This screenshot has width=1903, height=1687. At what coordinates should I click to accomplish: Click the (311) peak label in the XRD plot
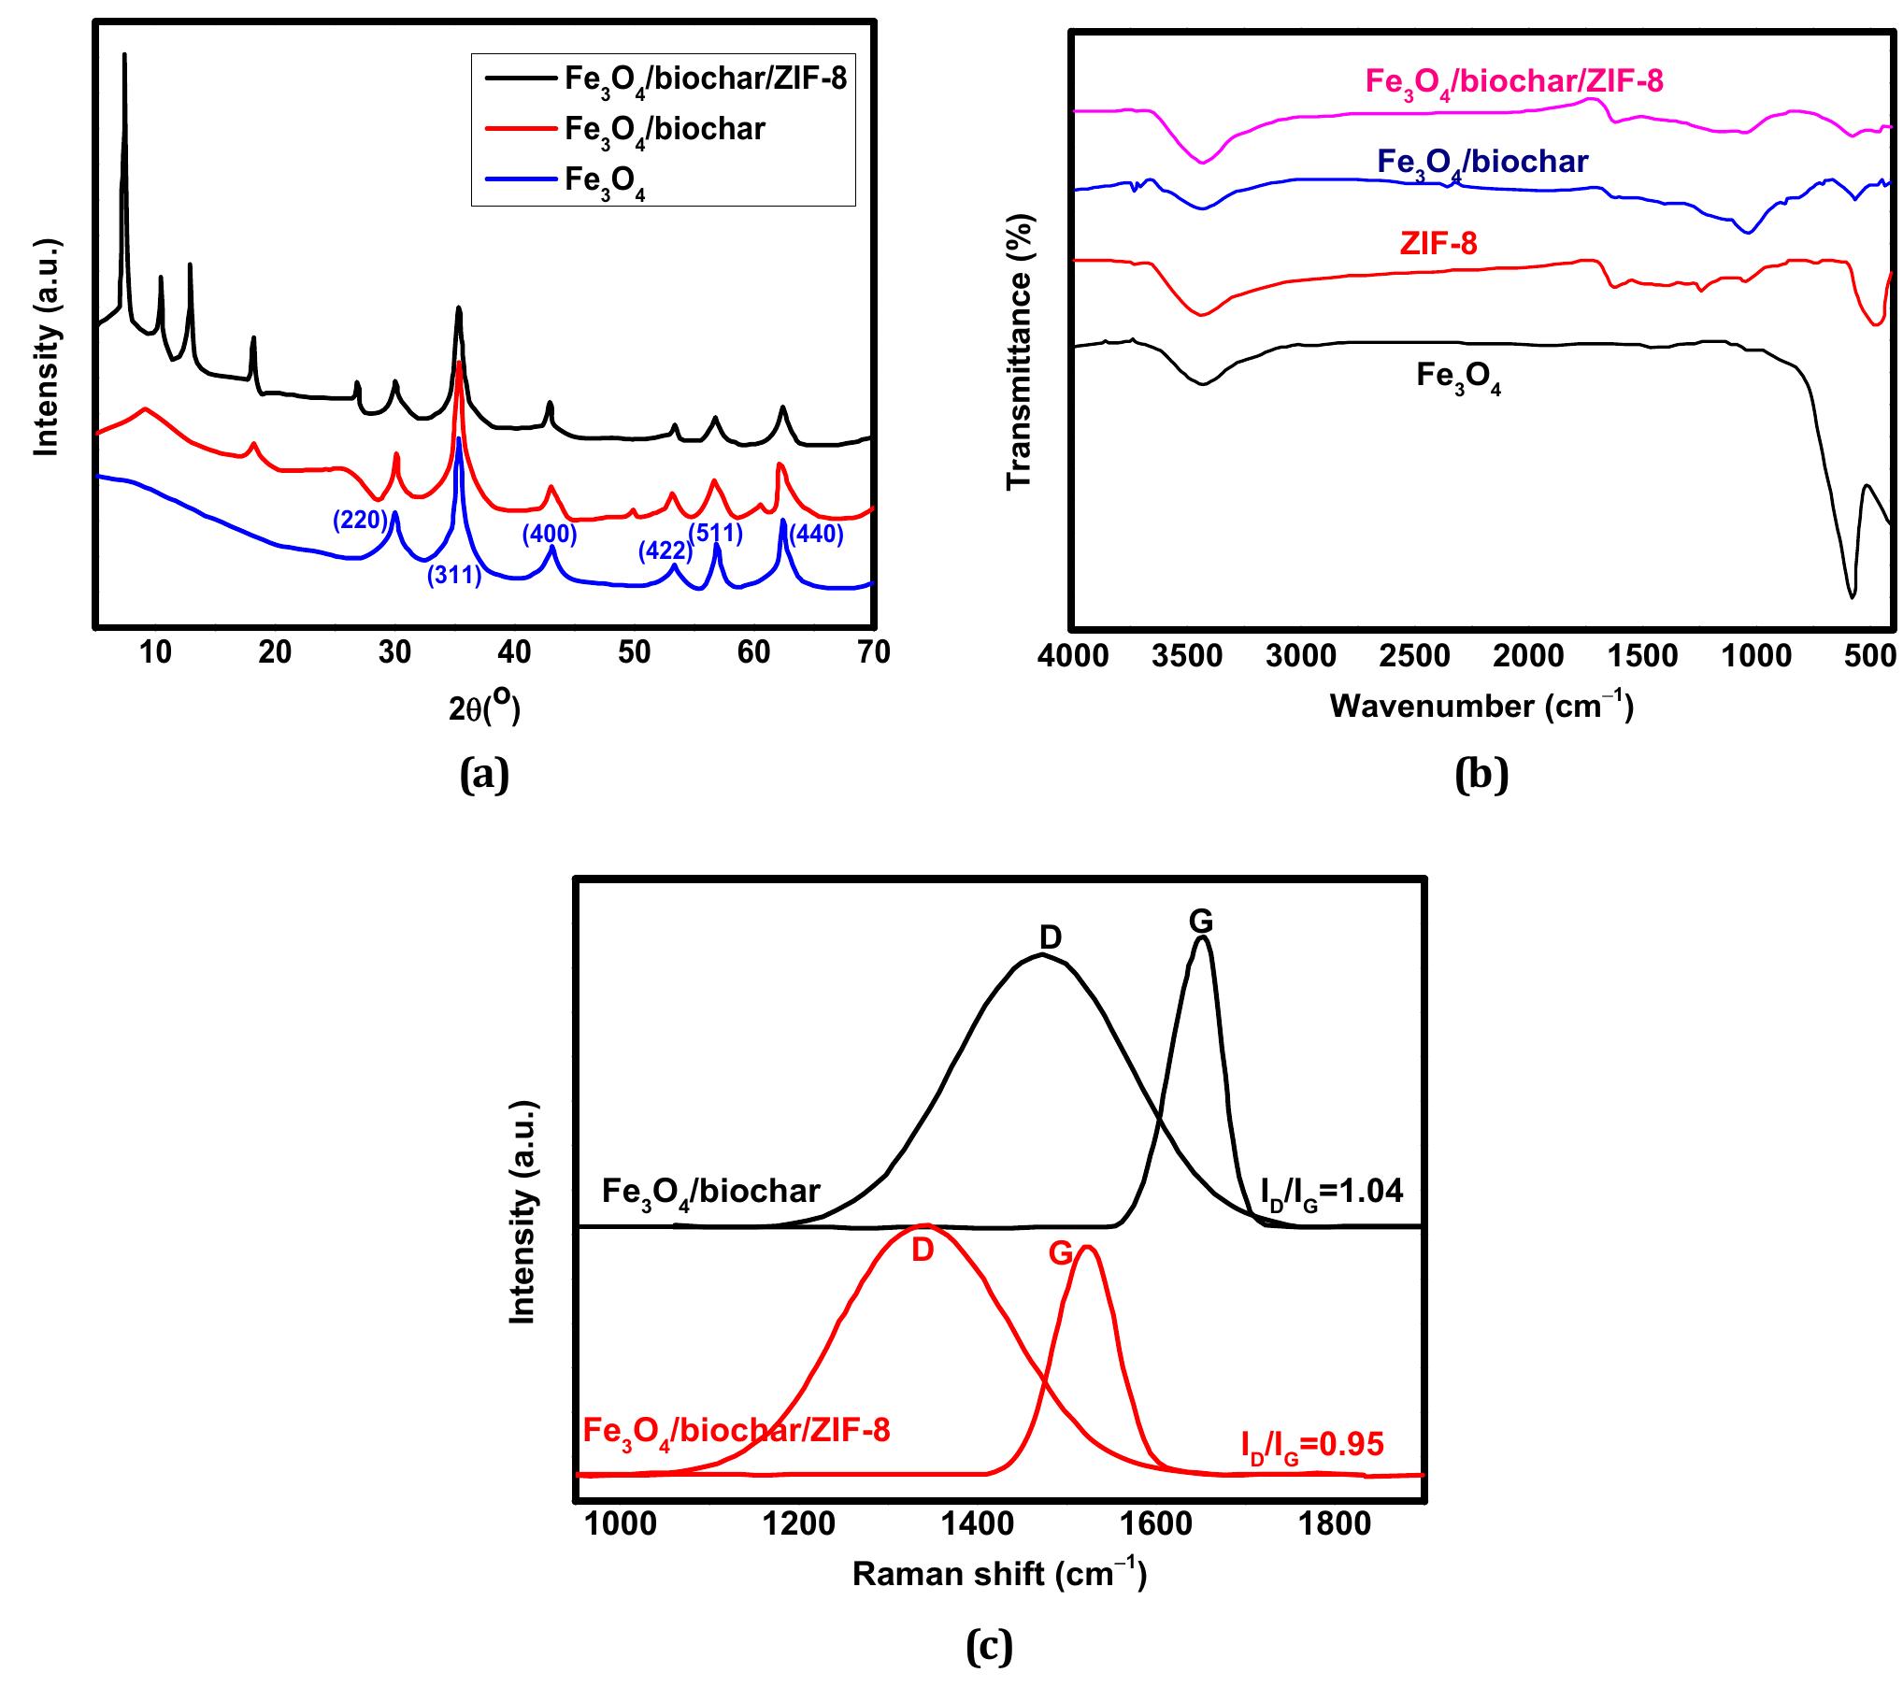tap(454, 576)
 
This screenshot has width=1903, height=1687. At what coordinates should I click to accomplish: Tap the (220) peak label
tap(360, 520)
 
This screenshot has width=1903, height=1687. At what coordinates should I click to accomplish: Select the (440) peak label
tap(816, 535)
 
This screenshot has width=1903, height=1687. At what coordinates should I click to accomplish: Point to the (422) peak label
tap(665, 551)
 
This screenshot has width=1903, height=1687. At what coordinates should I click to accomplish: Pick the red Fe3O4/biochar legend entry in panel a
tap(664, 129)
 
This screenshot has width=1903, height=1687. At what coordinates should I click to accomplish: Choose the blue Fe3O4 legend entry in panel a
tap(606, 180)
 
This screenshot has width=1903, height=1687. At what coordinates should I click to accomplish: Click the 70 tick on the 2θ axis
tap(873, 652)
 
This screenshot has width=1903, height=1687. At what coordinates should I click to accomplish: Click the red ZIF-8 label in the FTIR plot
tap(1438, 245)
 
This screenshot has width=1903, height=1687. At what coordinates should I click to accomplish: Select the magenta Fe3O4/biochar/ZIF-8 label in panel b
tap(1514, 82)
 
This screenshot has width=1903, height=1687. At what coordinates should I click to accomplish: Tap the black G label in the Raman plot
tap(1201, 922)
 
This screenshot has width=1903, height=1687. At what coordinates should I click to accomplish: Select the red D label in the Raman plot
tap(923, 1251)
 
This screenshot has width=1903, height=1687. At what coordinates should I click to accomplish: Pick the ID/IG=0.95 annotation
tap(1311, 1445)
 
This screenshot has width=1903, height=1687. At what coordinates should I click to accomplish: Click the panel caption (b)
tap(1481, 775)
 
